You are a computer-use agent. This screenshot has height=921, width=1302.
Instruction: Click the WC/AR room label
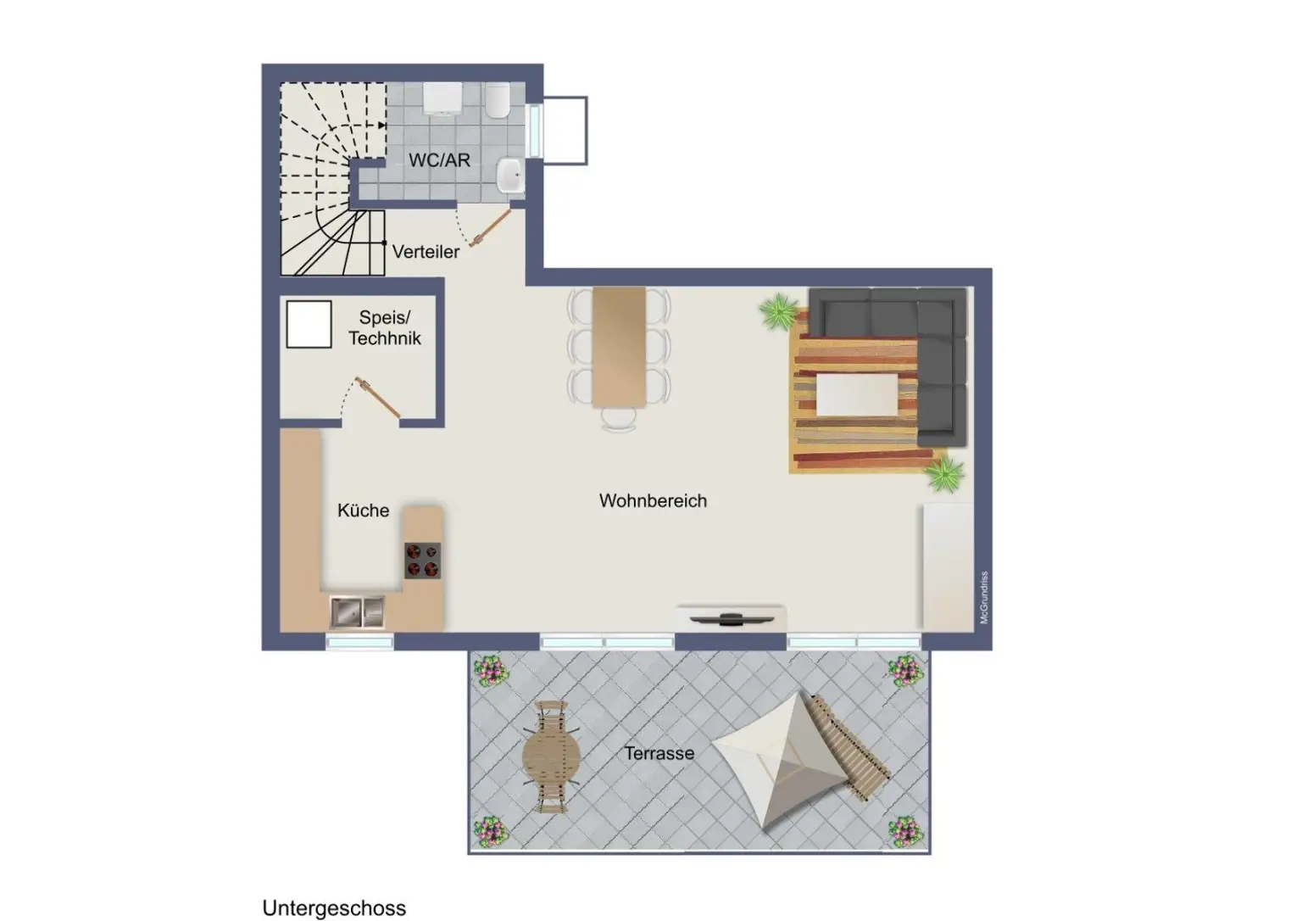pos(439,160)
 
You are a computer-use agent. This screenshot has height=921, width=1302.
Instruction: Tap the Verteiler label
pos(426,252)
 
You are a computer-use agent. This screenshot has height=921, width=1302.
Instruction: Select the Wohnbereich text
pos(653,500)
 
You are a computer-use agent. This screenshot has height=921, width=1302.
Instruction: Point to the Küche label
pos(364,510)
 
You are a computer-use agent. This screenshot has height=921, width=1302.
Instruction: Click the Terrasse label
pos(659,753)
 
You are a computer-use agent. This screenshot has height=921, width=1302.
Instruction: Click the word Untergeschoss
pos(334,907)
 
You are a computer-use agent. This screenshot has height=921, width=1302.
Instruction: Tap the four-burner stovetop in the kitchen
pos(423,561)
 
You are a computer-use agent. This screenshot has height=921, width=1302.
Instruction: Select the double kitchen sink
pos(357,612)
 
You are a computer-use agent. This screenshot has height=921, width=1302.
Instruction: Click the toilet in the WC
pos(498,103)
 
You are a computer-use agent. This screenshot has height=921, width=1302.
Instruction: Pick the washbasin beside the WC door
pos(510,175)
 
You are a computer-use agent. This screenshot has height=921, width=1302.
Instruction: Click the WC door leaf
pos(490,228)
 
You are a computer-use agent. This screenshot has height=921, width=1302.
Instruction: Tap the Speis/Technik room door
pos(378,398)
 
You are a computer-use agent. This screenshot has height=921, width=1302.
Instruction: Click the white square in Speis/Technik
pos(309,325)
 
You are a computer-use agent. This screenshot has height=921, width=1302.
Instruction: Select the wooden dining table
pos(619,347)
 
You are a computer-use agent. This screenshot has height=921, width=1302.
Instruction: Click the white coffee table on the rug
pos(857,395)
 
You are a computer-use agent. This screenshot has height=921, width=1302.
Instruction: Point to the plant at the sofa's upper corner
pos(779,312)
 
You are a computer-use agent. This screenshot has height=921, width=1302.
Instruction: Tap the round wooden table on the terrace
pos(551,756)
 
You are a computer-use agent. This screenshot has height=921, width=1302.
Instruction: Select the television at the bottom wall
pos(732,619)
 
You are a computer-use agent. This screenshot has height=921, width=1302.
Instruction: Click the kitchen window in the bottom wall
pos(359,642)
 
